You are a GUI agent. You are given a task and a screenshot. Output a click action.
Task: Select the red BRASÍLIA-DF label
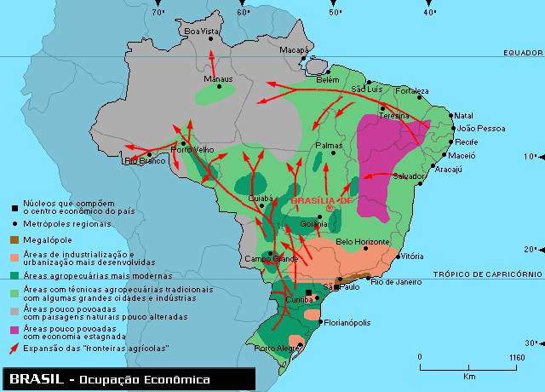point(321,199)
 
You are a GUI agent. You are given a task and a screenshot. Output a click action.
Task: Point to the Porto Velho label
point(192,149)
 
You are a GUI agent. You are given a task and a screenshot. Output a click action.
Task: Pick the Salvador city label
point(410,176)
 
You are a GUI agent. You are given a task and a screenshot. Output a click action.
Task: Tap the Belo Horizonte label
point(363,242)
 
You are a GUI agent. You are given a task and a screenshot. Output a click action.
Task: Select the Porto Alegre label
point(276,348)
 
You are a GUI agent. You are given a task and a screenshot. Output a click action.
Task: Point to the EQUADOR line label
point(523,52)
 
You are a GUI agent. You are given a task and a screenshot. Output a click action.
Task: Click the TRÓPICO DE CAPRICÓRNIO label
point(487,274)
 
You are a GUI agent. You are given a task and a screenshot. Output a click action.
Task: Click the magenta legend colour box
point(15,328)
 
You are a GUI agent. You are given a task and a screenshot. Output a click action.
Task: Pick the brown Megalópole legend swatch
point(15,240)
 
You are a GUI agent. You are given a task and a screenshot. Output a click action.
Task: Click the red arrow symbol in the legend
point(14,349)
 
